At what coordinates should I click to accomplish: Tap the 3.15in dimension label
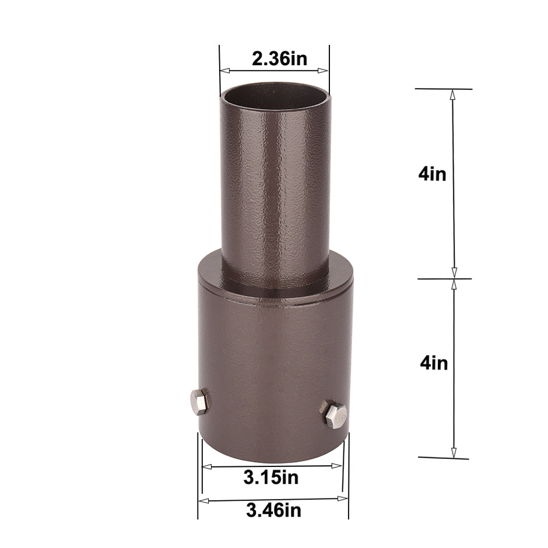point(271,478)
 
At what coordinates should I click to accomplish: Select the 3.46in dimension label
point(273,511)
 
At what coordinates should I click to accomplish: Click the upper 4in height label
point(432,174)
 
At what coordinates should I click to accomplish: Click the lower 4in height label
point(434,363)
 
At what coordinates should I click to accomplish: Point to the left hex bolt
point(198,402)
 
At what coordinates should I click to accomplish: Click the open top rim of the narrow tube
point(274,90)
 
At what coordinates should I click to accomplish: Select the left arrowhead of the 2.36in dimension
point(224,71)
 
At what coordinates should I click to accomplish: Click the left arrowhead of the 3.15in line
point(206,466)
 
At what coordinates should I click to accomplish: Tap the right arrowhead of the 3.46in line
point(344,499)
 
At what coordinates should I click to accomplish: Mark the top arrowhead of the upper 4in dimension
point(452,94)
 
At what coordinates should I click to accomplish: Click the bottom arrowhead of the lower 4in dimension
point(454,452)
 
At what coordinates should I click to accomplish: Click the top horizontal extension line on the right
point(443,89)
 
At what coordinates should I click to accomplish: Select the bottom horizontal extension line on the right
point(443,458)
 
